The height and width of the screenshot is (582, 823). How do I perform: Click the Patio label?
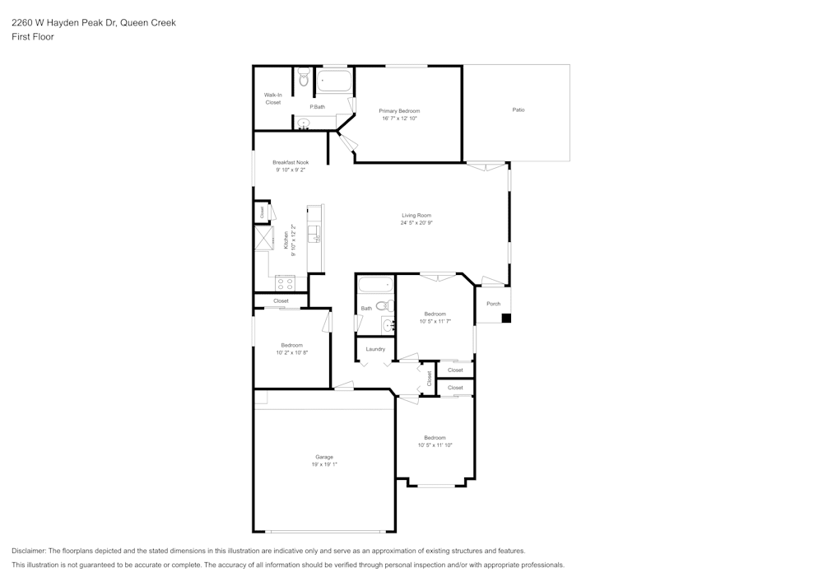click(518, 109)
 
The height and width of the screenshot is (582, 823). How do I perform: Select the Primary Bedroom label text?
click(399, 110)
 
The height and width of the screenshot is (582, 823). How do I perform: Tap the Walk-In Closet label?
click(272, 99)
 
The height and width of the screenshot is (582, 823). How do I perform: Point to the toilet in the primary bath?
click(304, 79)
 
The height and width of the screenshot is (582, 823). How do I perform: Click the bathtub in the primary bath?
click(333, 81)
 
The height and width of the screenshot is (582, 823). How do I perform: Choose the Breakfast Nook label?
click(291, 162)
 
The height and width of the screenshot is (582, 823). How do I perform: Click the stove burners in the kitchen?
click(285, 282)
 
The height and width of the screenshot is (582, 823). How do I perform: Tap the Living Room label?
click(416, 215)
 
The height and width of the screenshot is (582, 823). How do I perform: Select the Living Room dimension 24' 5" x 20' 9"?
click(416, 223)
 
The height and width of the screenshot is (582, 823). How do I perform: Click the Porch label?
click(493, 304)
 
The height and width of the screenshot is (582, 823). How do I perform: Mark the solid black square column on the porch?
click(506, 318)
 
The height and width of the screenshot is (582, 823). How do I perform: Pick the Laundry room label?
click(375, 349)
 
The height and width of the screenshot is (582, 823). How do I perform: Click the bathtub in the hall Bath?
click(376, 286)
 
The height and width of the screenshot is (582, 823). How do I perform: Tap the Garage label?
click(324, 457)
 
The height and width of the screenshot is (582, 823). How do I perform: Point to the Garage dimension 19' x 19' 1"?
click(324, 465)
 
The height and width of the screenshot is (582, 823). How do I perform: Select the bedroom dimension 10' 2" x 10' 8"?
click(291, 352)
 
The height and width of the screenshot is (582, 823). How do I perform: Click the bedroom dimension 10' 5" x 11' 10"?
click(435, 445)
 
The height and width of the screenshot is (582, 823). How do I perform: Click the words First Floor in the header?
click(32, 37)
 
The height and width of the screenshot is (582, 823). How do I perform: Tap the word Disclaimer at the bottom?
click(29, 551)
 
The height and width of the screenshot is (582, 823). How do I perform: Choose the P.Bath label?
click(317, 107)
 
